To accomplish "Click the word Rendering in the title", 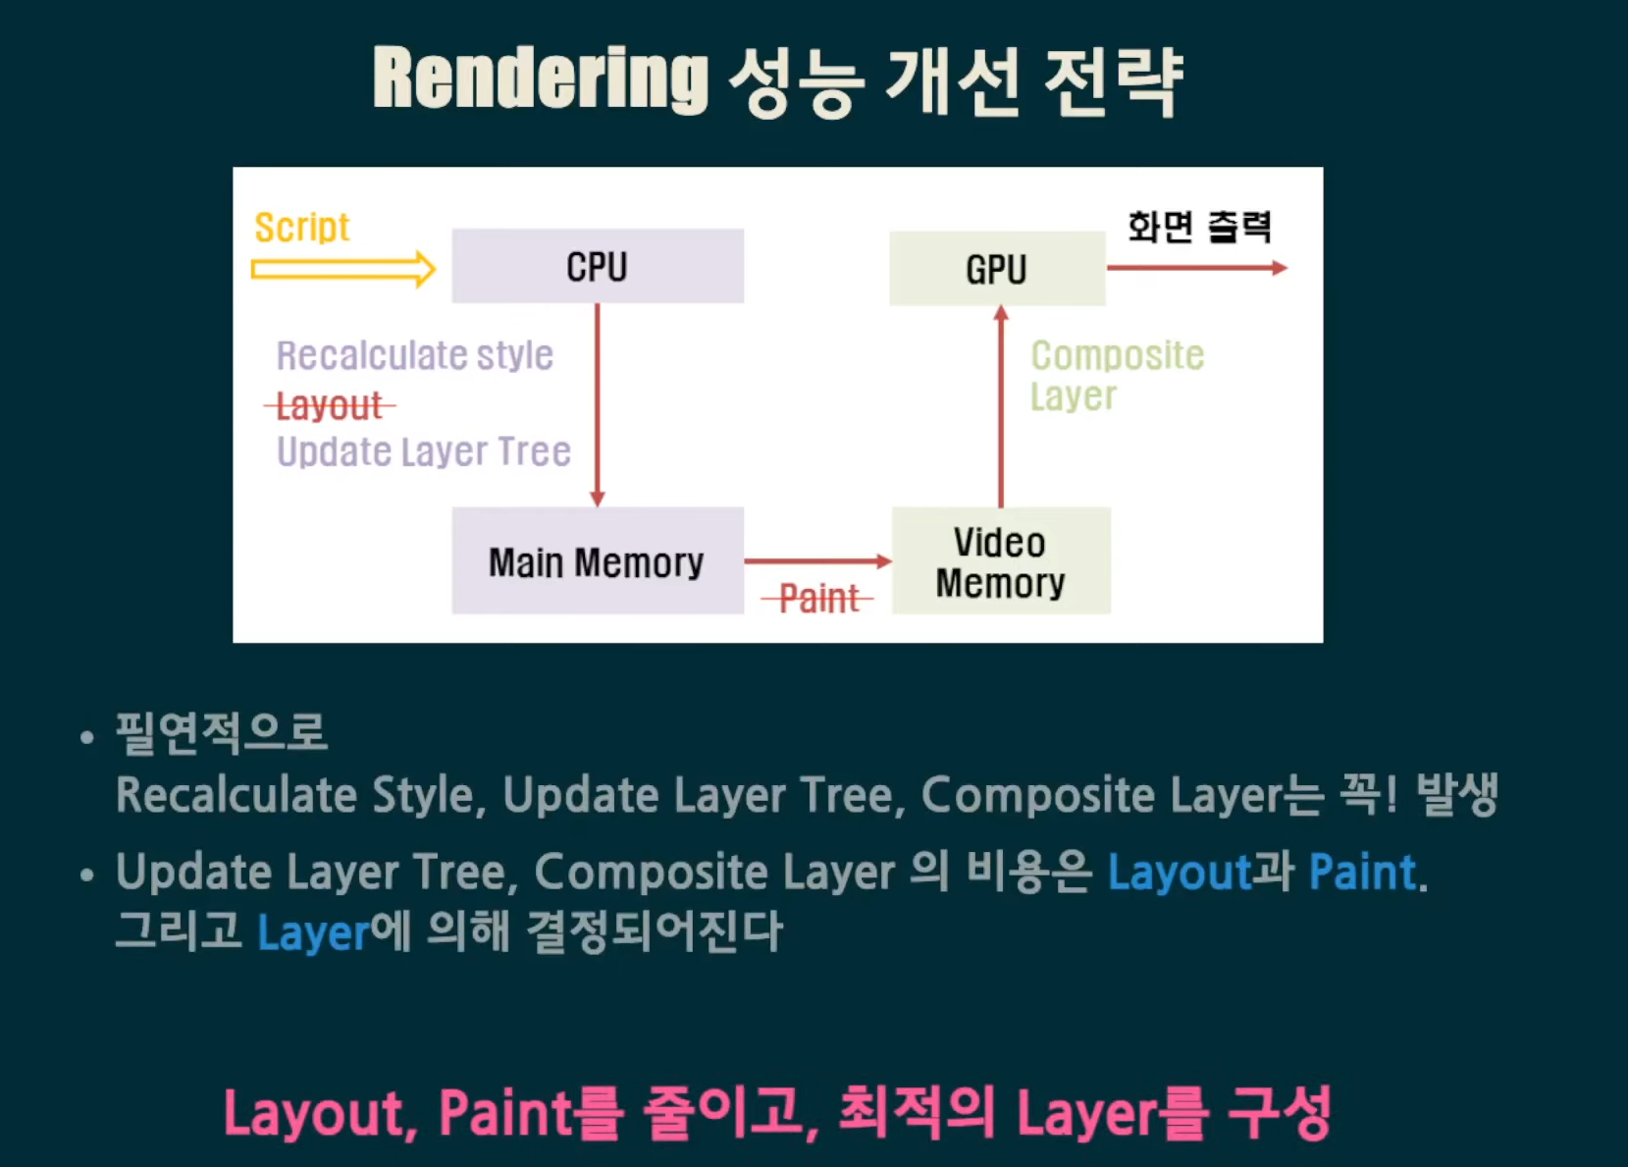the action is coord(540,79).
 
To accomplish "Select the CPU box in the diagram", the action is coord(597,266).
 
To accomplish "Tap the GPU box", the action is coord(996,269).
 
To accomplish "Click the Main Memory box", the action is coord(597,561).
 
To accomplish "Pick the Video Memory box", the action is coord(1000,561).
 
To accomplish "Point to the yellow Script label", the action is coord(301,228).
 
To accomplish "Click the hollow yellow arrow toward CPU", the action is coord(342,269).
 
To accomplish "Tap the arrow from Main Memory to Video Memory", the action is coord(816,561).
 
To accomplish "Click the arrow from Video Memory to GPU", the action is coord(1001,406).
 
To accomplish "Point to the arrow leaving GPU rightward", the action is coord(1195,268).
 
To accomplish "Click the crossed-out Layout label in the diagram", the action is coord(329,405).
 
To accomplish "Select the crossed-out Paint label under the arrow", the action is coord(817,598).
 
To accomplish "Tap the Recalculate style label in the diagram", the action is coord(414,355).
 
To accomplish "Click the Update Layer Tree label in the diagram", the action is coord(423,451).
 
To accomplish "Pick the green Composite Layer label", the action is coord(1116,375).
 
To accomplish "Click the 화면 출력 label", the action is coord(1198,227).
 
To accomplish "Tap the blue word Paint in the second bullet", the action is coord(1362,872).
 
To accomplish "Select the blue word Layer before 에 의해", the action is coord(313,932).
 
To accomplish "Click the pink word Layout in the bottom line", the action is coord(313,1113).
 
